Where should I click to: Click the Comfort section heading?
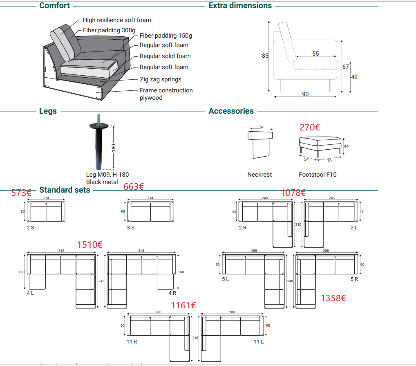coord(54,6)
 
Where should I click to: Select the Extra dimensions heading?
coord(240,6)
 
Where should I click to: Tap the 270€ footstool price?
coord(310,127)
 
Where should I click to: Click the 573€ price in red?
coord(22,193)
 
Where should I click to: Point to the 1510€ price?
coord(89,245)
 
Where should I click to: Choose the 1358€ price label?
coord(333,298)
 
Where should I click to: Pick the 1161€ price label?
coord(183,305)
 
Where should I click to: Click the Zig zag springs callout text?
coord(160,79)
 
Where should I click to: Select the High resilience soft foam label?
coord(117,20)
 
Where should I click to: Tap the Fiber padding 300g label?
coord(109,30)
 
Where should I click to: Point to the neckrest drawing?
coord(260,144)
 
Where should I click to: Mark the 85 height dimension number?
coord(265,56)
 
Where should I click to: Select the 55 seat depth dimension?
coord(315,54)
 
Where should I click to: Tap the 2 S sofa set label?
coord(31,227)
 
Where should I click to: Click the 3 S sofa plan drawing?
coord(150,211)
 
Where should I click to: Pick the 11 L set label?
coord(258,341)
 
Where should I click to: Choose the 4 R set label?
coord(172,293)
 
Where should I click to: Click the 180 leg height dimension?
coord(114,147)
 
